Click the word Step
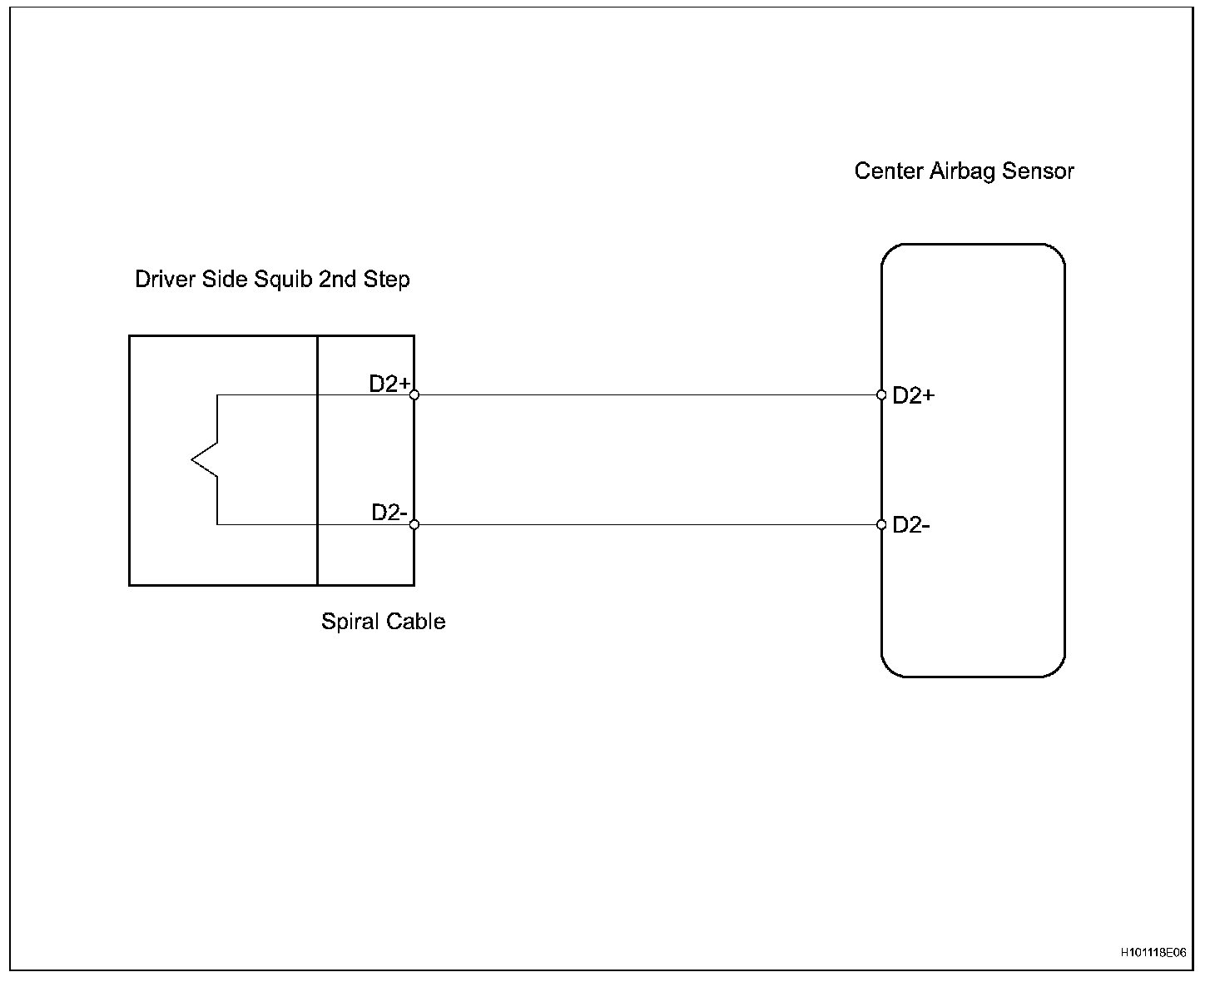[x=386, y=280]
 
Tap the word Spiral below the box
[x=349, y=622]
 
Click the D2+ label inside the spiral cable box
[x=389, y=384]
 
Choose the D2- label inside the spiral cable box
[x=389, y=513]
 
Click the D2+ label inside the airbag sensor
[x=913, y=396]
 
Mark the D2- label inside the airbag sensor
[x=910, y=525]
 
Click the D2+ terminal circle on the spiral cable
[x=414, y=394]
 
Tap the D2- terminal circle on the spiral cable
[x=414, y=524]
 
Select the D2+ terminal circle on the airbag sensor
[x=881, y=394]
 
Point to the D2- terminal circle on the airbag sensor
[x=881, y=524]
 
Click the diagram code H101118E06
[x=1153, y=953]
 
